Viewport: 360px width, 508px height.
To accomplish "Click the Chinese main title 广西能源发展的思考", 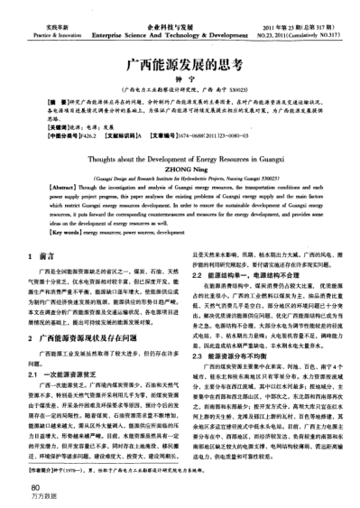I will click(179, 65).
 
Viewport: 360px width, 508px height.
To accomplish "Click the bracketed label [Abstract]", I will click(43, 185).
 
